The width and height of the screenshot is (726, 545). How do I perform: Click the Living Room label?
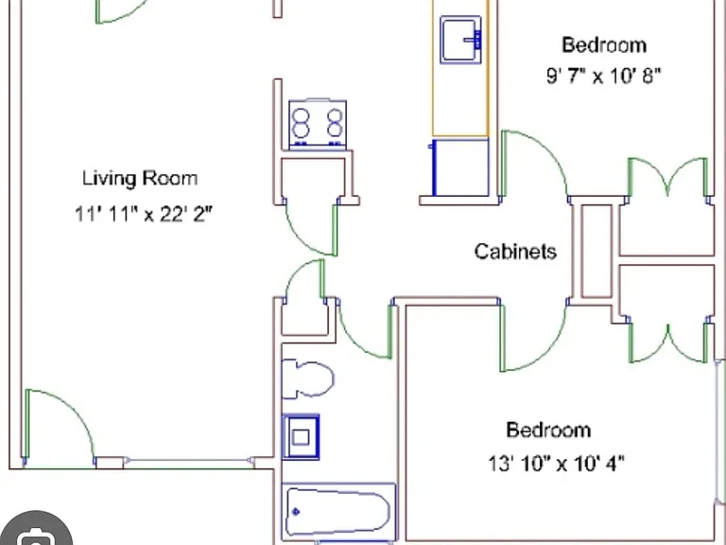tap(140, 179)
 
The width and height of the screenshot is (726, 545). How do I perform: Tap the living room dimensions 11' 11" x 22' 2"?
tap(143, 214)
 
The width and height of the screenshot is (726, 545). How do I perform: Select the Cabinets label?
tap(515, 251)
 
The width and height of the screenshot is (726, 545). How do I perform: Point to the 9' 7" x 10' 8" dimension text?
tap(603, 76)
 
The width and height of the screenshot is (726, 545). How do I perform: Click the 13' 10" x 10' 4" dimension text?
tap(556, 463)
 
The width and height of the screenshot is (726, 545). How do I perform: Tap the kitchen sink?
tap(460, 40)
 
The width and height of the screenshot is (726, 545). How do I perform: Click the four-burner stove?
tap(318, 124)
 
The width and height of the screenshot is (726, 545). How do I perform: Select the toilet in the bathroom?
tap(307, 378)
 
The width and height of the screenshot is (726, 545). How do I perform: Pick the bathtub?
tap(338, 512)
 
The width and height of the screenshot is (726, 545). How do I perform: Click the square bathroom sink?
tap(301, 437)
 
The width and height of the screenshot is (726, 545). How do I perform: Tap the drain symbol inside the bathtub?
tap(296, 512)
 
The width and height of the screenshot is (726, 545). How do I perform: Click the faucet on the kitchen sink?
tap(475, 40)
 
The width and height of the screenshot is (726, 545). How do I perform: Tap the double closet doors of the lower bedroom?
tap(667, 343)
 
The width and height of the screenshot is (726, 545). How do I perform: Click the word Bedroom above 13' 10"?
tap(548, 431)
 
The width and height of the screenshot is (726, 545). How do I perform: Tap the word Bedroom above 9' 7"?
tap(604, 45)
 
